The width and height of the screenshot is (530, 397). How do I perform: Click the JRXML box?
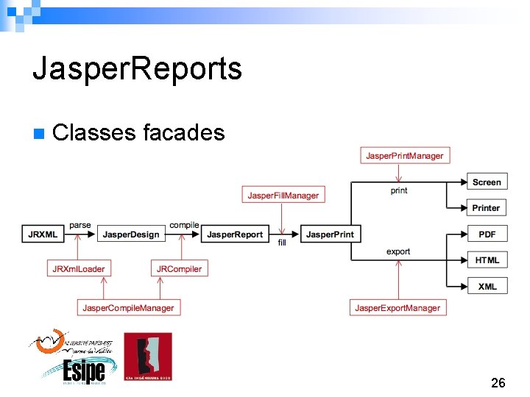40,235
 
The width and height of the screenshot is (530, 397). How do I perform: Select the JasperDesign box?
131,235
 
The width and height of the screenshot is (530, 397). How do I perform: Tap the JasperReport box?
235,235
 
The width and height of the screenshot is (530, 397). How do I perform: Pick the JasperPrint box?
330,235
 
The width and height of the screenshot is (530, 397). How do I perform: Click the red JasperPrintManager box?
405,156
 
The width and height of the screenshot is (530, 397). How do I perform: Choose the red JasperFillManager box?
283,196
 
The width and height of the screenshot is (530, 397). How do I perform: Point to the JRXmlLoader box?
79,269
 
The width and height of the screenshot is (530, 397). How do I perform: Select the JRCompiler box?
179,269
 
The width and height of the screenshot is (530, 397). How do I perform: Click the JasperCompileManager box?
129,307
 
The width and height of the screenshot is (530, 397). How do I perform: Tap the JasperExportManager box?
397,307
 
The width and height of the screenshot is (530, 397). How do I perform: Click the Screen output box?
487,182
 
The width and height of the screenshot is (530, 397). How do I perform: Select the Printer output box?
487,208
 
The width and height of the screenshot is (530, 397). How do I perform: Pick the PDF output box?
487,235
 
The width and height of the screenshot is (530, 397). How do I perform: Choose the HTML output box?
487,260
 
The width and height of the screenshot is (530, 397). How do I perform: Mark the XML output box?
487,286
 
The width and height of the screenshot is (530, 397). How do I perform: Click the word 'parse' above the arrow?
80,225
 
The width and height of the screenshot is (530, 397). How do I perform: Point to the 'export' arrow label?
398,251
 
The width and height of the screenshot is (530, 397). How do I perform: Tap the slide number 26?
498,382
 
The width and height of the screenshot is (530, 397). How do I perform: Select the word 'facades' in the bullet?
183,132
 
